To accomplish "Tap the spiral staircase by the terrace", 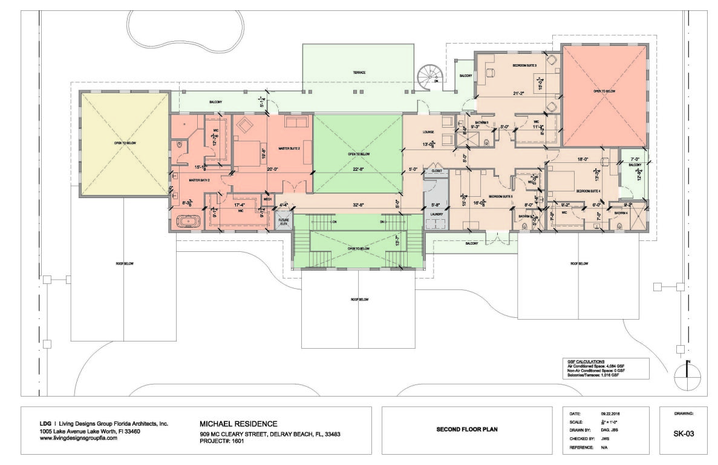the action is (430, 77).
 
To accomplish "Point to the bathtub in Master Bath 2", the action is (189, 222).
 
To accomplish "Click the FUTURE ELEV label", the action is (283, 222).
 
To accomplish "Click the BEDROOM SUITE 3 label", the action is (525, 65).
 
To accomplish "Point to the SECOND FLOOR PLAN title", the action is (467, 430).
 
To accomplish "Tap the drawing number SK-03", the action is (683, 434).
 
